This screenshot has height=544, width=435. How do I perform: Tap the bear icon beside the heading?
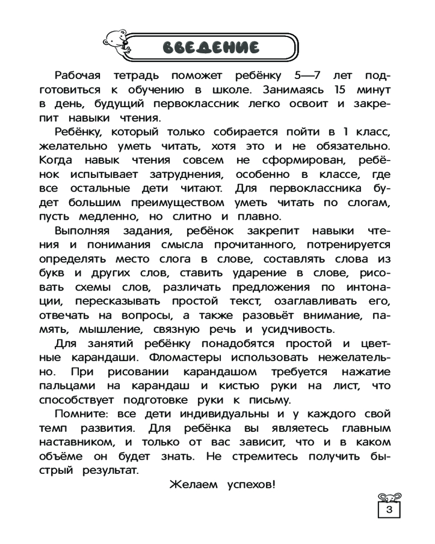coord(116,42)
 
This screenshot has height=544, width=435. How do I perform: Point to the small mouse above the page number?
coord(389,497)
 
